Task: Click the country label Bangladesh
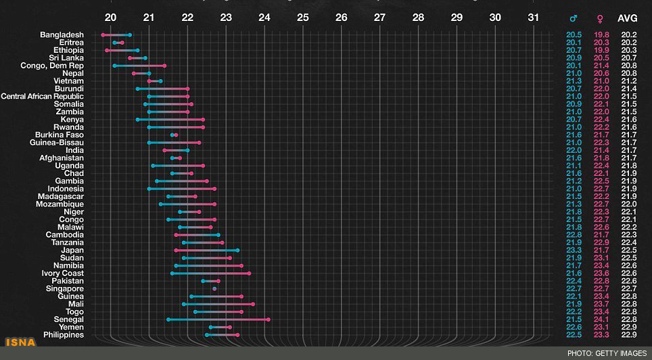click(62, 35)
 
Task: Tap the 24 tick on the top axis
click(264, 18)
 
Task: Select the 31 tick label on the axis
click(534, 18)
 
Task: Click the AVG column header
click(628, 19)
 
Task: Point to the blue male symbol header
click(574, 19)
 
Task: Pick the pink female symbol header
click(599, 19)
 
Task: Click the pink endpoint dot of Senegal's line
click(269, 319)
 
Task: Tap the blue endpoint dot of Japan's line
click(237, 250)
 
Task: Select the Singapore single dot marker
click(214, 288)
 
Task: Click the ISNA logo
click(20, 342)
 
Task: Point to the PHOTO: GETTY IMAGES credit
click(606, 353)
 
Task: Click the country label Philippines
click(64, 334)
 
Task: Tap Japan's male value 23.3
click(574, 250)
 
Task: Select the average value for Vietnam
click(628, 81)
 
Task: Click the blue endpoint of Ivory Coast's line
click(172, 273)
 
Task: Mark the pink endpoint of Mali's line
click(253, 304)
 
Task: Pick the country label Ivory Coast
click(63, 273)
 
